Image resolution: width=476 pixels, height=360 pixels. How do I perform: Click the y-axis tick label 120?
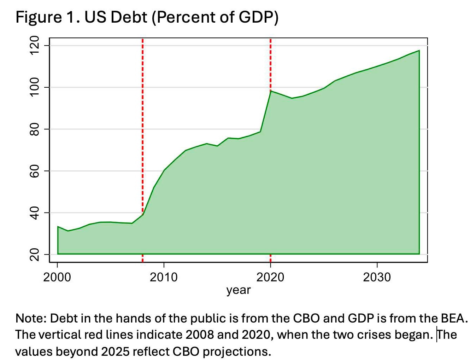(34, 46)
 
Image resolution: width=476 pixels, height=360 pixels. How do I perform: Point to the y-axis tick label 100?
(34, 87)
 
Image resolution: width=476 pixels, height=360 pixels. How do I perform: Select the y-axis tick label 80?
(34, 129)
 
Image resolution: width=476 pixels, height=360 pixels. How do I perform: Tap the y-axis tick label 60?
(34, 171)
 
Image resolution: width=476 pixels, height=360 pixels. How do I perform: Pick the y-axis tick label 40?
(34, 213)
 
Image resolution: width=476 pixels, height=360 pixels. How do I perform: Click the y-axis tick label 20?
(34, 254)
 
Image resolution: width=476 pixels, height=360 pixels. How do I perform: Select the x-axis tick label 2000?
(57, 277)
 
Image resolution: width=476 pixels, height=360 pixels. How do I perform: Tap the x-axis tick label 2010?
(164, 277)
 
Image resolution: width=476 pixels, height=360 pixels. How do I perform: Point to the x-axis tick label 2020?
(270, 277)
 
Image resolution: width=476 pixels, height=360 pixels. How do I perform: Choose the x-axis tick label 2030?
(377, 277)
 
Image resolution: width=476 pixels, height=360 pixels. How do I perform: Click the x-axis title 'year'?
(239, 290)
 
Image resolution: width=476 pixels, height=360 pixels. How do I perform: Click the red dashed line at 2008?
(142, 106)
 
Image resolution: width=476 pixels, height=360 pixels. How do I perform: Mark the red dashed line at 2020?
(270, 64)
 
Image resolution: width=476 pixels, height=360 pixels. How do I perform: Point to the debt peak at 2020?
(271, 91)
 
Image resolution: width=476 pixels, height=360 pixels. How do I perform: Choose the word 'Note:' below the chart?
(31, 319)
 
